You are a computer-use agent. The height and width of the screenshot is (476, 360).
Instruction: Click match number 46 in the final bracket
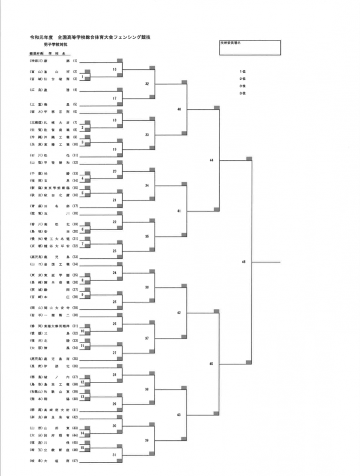point(244,262)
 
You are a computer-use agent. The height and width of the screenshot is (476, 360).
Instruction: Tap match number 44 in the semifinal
point(211,160)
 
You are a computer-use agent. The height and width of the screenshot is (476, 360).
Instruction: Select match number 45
point(211,364)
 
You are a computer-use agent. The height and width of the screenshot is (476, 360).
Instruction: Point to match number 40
point(179,109)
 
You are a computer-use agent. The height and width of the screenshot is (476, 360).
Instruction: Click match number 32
point(147,84)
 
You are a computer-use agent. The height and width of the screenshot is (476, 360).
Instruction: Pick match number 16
point(115,69)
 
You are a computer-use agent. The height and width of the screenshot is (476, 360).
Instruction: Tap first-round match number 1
point(82,77)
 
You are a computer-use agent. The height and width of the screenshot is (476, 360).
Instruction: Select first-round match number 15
point(82,447)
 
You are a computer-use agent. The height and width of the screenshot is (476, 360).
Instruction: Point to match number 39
point(147,440)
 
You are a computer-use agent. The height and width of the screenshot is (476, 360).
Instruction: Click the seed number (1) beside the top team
point(75,61)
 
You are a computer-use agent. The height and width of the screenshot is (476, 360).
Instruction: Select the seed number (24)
point(75,265)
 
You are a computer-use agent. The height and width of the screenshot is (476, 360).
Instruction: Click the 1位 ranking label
point(242,72)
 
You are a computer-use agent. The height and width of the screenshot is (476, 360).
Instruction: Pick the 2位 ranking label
point(242,79)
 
